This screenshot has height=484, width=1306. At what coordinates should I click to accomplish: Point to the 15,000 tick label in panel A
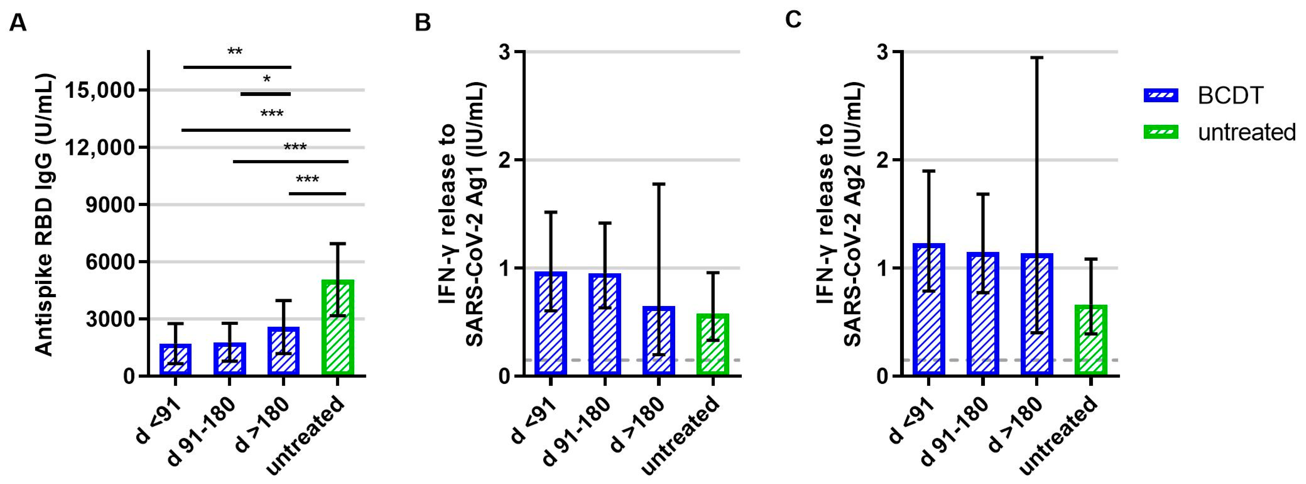[101, 90]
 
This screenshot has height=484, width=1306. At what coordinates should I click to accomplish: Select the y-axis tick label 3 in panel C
[883, 52]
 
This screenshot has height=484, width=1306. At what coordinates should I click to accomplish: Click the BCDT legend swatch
[1161, 95]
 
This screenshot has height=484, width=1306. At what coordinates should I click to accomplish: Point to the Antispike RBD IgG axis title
[45, 216]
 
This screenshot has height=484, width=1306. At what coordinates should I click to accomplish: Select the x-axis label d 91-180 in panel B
[577, 431]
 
